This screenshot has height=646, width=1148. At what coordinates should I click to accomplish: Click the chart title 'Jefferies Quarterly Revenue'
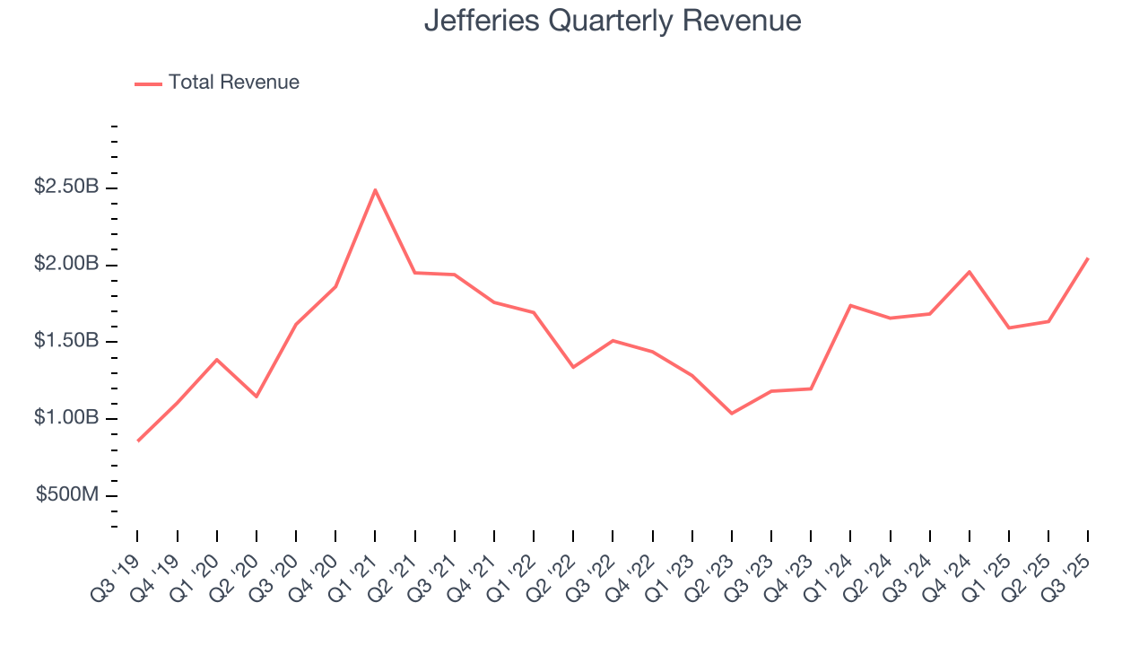click(613, 21)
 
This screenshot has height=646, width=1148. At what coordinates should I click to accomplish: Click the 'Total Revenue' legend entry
click(233, 83)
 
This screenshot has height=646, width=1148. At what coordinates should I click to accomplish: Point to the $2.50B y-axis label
click(66, 188)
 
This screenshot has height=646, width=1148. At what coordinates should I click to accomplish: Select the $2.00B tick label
click(66, 265)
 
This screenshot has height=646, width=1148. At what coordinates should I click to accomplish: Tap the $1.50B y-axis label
click(66, 342)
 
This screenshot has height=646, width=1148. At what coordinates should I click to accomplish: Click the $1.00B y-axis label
click(66, 418)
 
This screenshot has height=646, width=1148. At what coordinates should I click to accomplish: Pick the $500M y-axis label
click(68, 495)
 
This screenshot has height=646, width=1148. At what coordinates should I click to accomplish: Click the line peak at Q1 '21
click(375, 189)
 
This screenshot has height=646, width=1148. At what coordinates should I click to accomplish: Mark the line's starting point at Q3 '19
click(138, 441)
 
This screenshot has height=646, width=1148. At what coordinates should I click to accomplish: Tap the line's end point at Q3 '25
click(1088, 258)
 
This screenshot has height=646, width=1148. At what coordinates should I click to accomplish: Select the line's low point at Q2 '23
click(732, 413)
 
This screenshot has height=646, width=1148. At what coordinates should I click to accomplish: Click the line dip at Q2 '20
click(257, 396)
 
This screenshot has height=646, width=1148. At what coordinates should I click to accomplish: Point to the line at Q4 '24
click(970, 271)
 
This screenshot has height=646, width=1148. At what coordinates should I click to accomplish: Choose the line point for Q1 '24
click(850, 305)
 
